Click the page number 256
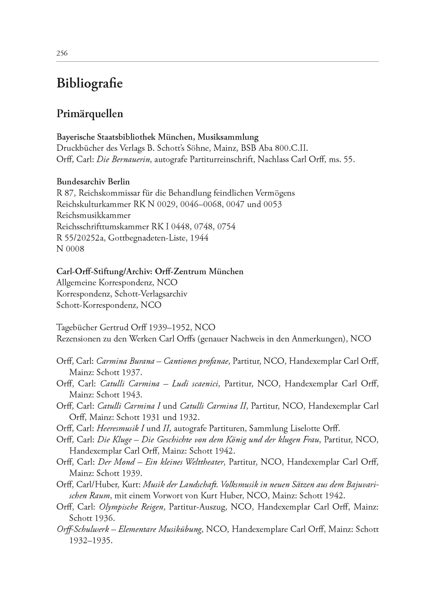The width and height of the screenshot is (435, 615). pyautogui.click(x=62, y=53)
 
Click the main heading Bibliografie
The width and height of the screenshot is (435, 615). pyautogui.click(x=89, y=84)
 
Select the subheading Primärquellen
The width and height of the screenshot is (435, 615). pyautogui.click(x=90, y=114)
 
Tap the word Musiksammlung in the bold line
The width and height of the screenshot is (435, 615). pyautogui.click(x=228, y=137)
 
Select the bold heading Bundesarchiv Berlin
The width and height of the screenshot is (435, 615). pyautogui.click(x=93, y=182)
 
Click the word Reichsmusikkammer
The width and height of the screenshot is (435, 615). pyautogui.click(x=94, y=215)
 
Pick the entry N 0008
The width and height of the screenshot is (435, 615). pyautogui.click(x=70, y=249)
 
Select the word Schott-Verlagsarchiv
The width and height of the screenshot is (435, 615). pyautogui.click(x=151, y=294)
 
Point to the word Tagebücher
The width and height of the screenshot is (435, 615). pyautogui.click(x=77, y=328)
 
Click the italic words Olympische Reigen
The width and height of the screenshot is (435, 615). pyautogui.click(x=131, y=507)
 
